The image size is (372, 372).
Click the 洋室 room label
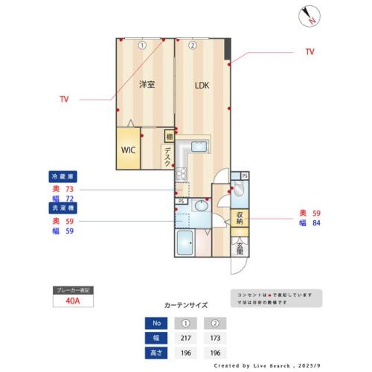[146, 85]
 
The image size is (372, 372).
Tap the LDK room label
[202, 85]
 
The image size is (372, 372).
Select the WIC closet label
[128, 149]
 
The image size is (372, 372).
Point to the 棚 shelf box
[169, 137]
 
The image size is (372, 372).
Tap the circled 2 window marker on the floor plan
[192, 45]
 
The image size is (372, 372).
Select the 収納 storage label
[240, 218]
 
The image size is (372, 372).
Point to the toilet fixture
[237, 193]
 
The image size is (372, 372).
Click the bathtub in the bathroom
[186, 243]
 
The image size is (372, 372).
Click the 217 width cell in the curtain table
[186, 337]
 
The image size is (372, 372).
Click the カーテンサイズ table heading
[185, 305]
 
